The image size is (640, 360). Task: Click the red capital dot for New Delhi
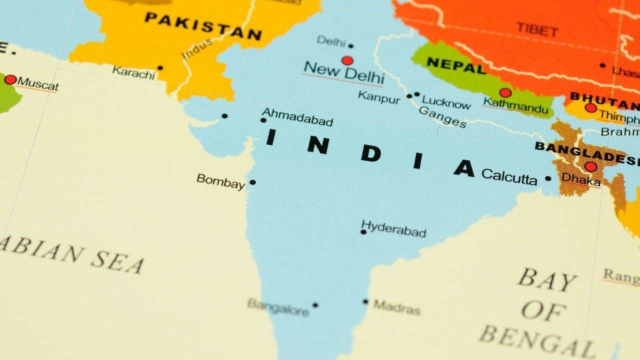(347, 60)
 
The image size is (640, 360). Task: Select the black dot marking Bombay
(252, 182)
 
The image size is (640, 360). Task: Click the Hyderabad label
(394, 229)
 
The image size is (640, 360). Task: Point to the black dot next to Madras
(365, 301)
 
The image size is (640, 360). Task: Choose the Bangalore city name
(278, 307)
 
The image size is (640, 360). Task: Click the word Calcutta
(509, 176)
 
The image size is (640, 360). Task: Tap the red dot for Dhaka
(590, 166)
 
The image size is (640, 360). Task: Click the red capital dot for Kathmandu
(505, 92)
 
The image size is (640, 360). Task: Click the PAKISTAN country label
(203, 26)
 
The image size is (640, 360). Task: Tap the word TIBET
(537, 29)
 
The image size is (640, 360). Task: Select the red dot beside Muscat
(10, 80)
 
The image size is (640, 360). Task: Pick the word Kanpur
(379, 97)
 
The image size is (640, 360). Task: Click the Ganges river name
(442, 117)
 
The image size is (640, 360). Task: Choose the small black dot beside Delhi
(350, 46)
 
